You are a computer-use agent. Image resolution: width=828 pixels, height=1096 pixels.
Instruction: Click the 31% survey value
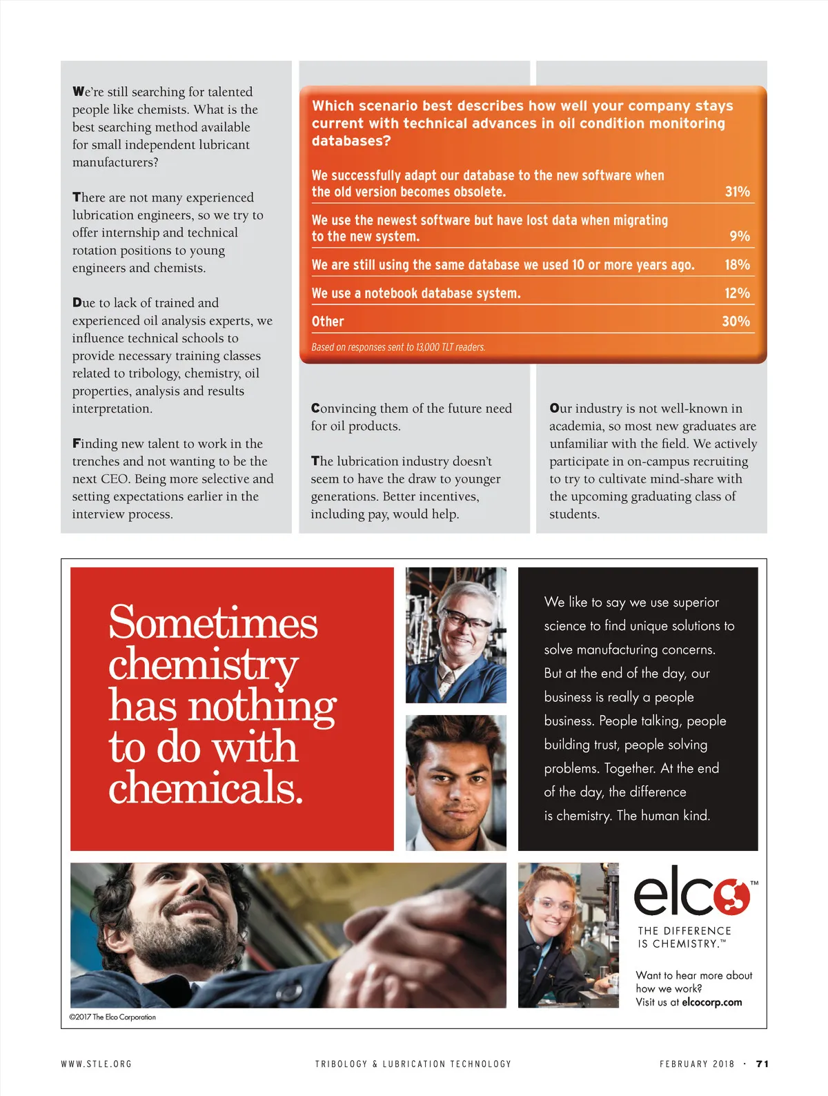737,192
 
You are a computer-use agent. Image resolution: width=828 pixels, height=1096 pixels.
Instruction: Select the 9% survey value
740,237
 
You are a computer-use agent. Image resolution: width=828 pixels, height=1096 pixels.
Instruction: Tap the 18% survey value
737,265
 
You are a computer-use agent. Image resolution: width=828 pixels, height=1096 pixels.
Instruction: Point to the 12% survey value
737,293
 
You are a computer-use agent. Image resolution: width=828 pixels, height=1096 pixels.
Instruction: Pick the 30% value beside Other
736,322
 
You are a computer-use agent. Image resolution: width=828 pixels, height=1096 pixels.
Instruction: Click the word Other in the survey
328,322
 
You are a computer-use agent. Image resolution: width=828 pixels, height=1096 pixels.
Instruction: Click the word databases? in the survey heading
351,141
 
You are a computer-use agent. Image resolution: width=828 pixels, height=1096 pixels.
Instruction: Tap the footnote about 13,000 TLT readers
398,347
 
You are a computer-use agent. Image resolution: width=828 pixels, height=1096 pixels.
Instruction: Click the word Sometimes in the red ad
213,623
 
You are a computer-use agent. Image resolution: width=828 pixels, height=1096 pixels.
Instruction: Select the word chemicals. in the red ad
206,788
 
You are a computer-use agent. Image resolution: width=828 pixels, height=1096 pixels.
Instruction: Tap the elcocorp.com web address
711,1002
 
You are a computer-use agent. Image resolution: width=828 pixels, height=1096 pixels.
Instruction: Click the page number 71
762,1064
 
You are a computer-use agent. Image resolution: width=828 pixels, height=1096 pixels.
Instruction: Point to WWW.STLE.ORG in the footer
96,1064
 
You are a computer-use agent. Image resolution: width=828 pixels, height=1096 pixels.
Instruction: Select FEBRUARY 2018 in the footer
697,1064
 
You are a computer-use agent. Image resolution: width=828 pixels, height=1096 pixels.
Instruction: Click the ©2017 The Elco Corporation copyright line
112,1017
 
